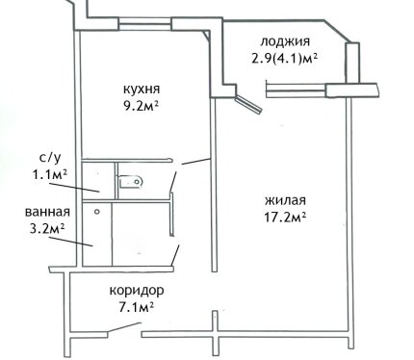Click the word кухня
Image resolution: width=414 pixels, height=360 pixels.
(142, 89)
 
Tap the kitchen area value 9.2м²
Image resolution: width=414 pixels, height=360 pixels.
(142, 105)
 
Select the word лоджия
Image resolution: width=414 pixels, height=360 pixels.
(285, 42)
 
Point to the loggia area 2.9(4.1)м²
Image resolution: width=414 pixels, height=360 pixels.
(285, 59)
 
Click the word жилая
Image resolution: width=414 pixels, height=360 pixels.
(285, 200)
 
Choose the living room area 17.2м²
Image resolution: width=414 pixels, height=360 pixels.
(285, 218)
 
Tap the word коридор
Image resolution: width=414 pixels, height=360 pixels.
(137, 291)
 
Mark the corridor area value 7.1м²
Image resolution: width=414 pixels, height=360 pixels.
(136, 307)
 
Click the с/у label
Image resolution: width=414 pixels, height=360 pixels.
(50, 158)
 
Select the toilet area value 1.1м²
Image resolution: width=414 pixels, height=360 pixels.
(49, 174)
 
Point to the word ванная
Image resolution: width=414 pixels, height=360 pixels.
(47, 212)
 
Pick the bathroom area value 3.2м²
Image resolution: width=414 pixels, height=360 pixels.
(47, 229)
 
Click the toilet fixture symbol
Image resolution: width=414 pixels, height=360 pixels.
(131, 182)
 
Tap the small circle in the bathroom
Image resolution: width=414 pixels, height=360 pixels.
(97, 212)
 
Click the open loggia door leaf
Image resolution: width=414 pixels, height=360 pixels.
(248, 104)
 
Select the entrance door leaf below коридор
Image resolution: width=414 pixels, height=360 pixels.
(124, 327)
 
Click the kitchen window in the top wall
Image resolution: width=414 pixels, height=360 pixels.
(145, 24)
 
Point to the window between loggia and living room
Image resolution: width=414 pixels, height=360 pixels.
(296, 90)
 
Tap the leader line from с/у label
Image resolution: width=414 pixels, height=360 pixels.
(74, 188)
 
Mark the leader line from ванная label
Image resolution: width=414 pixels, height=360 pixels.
(70, 242)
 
